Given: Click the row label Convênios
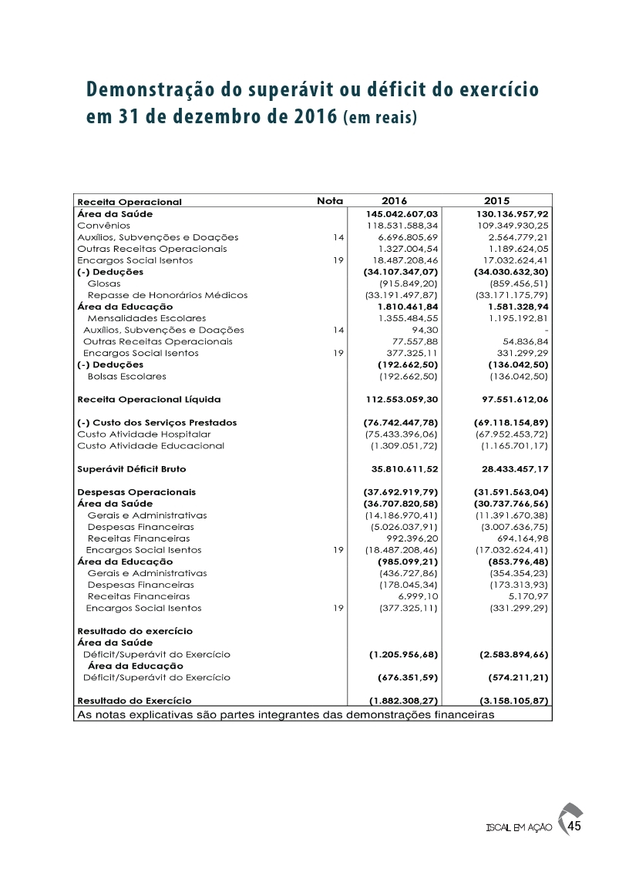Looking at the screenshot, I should [103, 225].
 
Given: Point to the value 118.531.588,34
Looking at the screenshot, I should [402, 225].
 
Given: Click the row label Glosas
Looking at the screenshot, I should [104, 283].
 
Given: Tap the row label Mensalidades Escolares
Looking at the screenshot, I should [146, 318].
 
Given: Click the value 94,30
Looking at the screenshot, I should [425, 330].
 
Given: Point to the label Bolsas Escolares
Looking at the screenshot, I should [126, 376].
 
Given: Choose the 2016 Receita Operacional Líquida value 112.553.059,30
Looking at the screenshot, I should [401, 399].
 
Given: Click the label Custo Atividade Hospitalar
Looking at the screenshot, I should [144, 434].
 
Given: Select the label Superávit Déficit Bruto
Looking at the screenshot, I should [132, 468].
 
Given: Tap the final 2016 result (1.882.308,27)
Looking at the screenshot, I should [401, 701].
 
